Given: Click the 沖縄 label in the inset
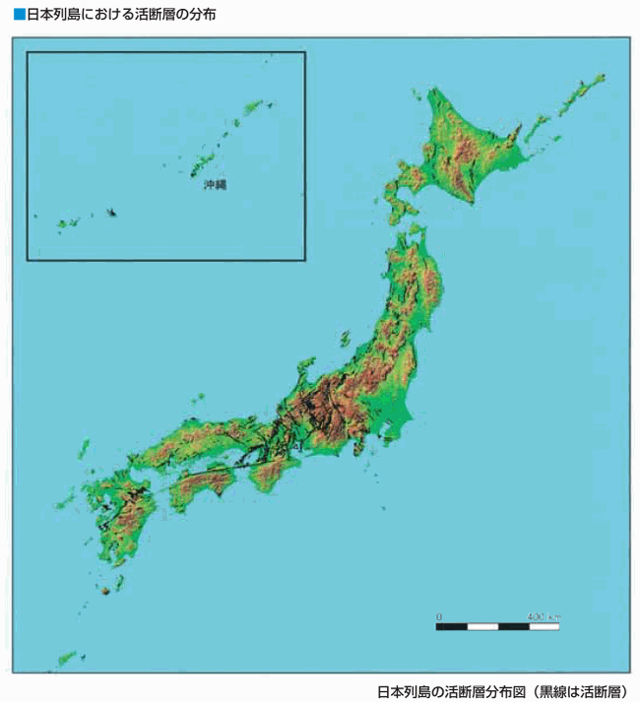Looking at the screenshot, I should coord(215,184).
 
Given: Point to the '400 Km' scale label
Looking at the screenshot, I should coord(543,616).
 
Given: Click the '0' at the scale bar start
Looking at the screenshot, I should coord(439,616).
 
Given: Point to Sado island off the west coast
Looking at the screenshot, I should coord(346,338).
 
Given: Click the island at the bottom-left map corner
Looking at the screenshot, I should coord(67,657).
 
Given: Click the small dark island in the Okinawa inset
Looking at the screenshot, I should coord(111,212).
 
